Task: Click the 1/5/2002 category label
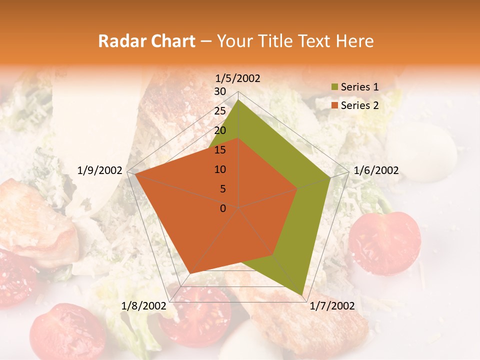pyautogui.click(x=238, y=78)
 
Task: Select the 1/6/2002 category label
pyautogui.click(x=376, y=170)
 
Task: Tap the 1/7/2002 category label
pyautogui.click(x=332, y=306)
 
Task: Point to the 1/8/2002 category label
pyautogui.click(x=144, y=306)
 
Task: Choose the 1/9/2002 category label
pyautogui.click(x=100, y=170)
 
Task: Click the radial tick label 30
pyautogui.click(x=220, y=91)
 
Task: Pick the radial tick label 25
pyautogui.click(x=220, y=111)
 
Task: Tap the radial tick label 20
pyautogui.click(x=220, y=130)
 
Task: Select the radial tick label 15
pyautogui.click(x=220, y=150)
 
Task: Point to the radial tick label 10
pyautogui.click(x=220, y=169)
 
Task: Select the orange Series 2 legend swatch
pyautogui.click(x=334, y=105)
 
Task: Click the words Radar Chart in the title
pyautogui.click(x=146, y=41)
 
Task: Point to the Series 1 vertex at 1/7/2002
pyautogui.click(x=302, y=295)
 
